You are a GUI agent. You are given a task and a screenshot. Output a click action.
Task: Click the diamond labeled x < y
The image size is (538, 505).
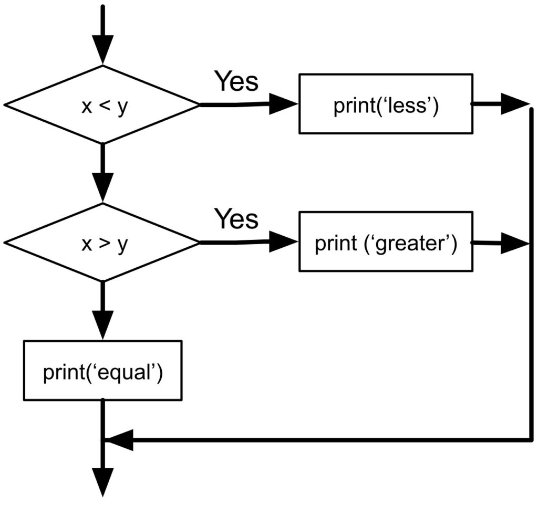(102, 105)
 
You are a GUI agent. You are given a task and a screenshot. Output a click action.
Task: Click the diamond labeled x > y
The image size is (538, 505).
(102, 243)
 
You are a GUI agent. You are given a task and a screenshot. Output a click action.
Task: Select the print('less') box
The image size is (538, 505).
(385, 103)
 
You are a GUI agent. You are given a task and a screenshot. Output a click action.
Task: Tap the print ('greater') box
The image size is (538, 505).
(385, 242)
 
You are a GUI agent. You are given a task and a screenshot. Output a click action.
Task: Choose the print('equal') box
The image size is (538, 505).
(102, 371)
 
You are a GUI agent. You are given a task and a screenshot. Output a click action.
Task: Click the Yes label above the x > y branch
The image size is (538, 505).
(236, 218)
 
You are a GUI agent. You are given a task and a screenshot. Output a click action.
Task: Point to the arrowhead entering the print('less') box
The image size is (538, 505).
(284, 104)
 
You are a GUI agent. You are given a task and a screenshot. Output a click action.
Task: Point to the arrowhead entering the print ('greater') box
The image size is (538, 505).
(284, 242)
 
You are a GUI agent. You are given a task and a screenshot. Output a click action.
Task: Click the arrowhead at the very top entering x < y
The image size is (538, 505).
(102, 50)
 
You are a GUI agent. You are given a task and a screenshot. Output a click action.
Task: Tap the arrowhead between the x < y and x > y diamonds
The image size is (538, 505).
(102, 187)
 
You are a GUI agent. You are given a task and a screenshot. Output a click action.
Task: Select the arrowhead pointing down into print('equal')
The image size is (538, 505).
(102, 325)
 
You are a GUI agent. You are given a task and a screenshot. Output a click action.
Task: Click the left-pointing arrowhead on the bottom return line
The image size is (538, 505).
(120, 439)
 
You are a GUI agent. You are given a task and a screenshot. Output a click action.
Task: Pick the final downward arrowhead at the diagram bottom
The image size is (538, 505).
(102, 482)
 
